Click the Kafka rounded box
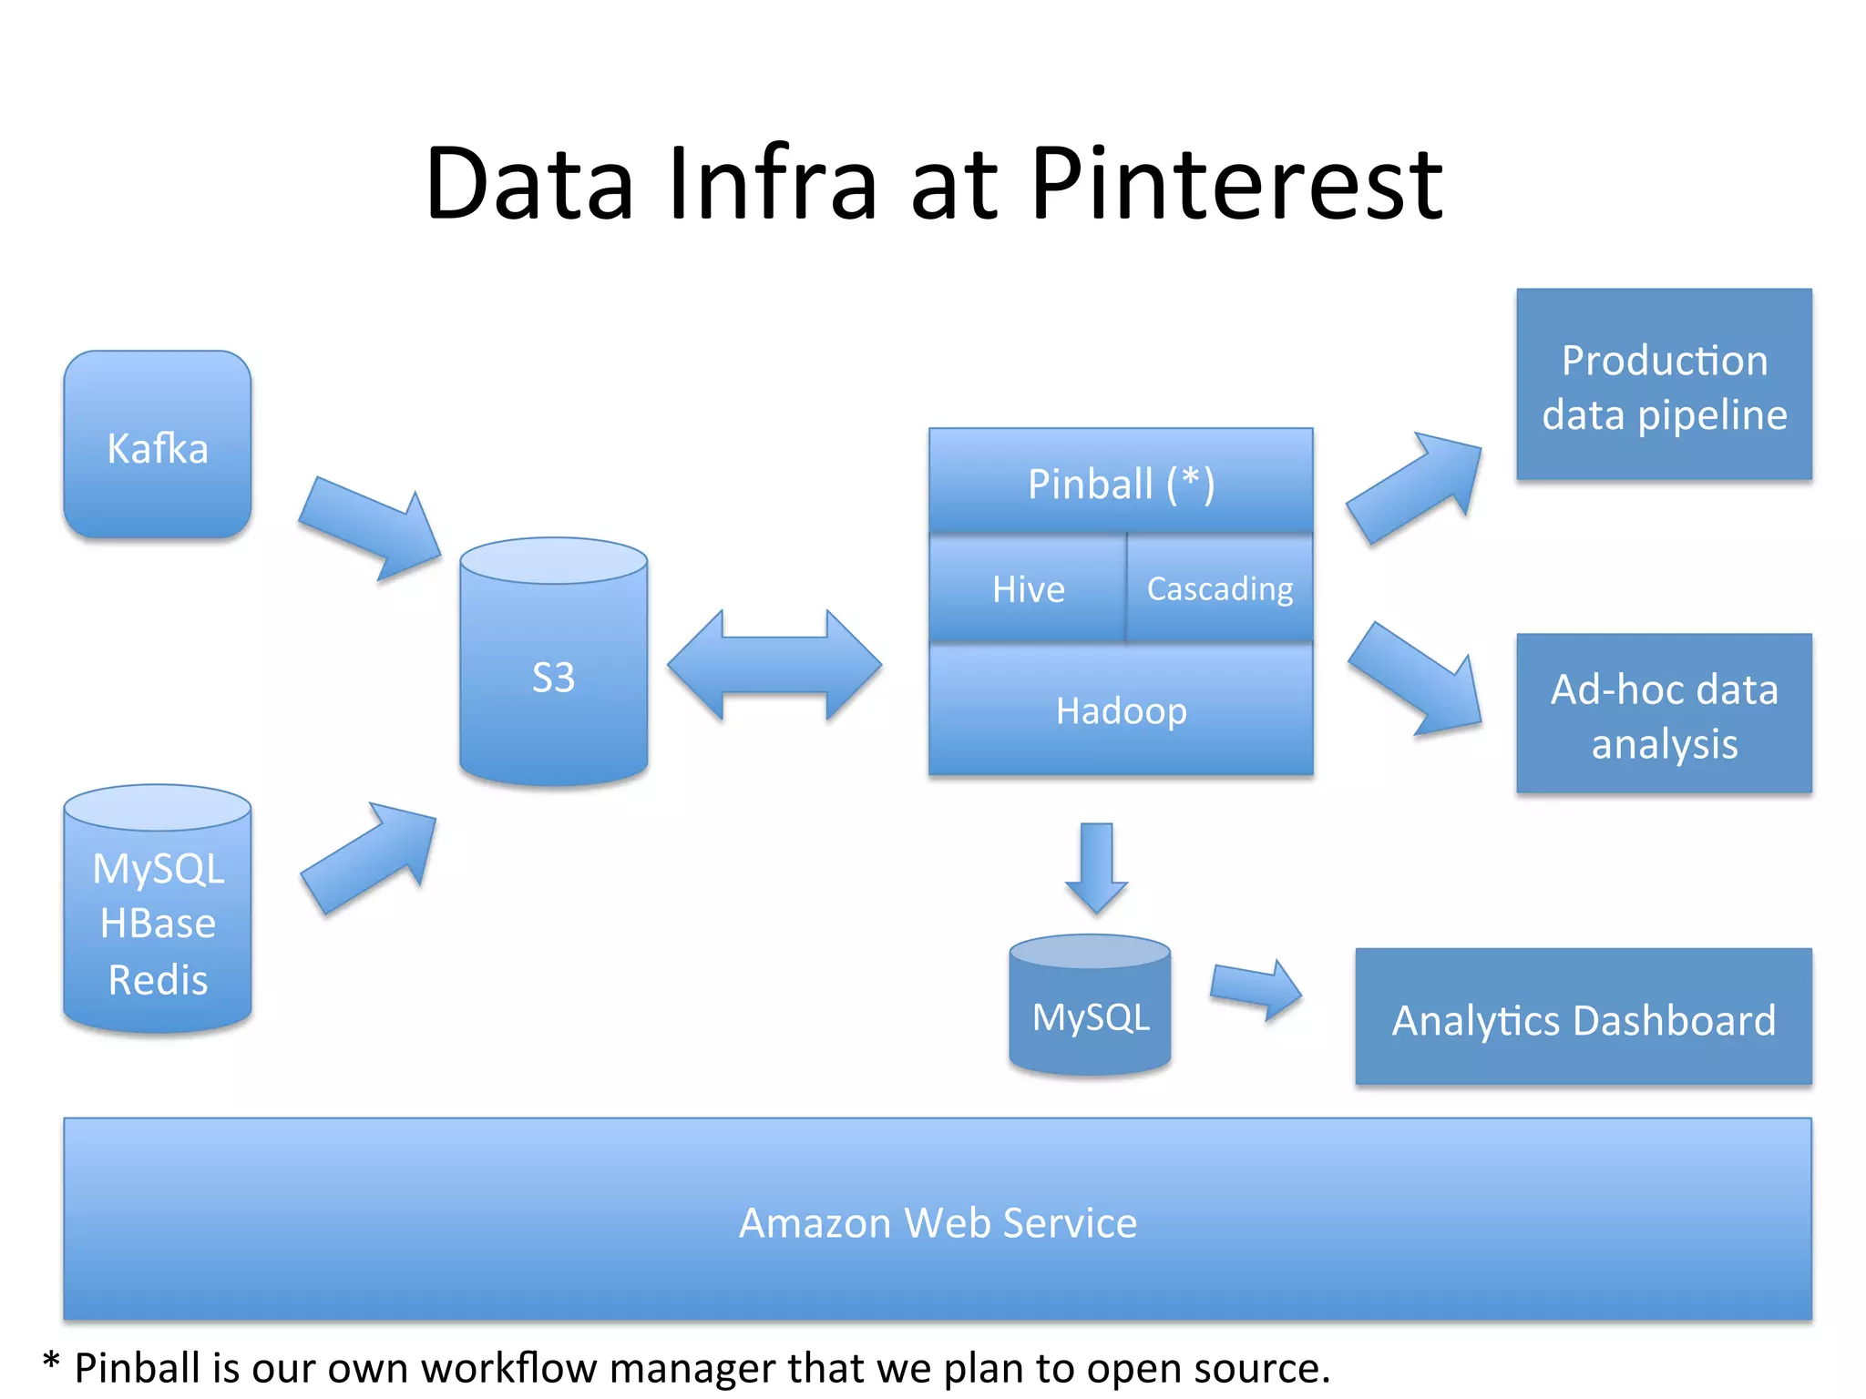click(157, 445)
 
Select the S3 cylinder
click(553, 674)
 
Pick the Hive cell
click(1028, 588)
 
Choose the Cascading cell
click(1219, 588)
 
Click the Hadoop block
click(1120, 710)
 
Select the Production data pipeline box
click(1664, 385)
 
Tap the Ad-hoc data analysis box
click(1664, 714)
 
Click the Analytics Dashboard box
click(1583, 1018)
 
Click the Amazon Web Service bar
click(937, 1220)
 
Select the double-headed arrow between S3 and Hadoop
click(774, 665)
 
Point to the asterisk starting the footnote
click(51, 1363)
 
